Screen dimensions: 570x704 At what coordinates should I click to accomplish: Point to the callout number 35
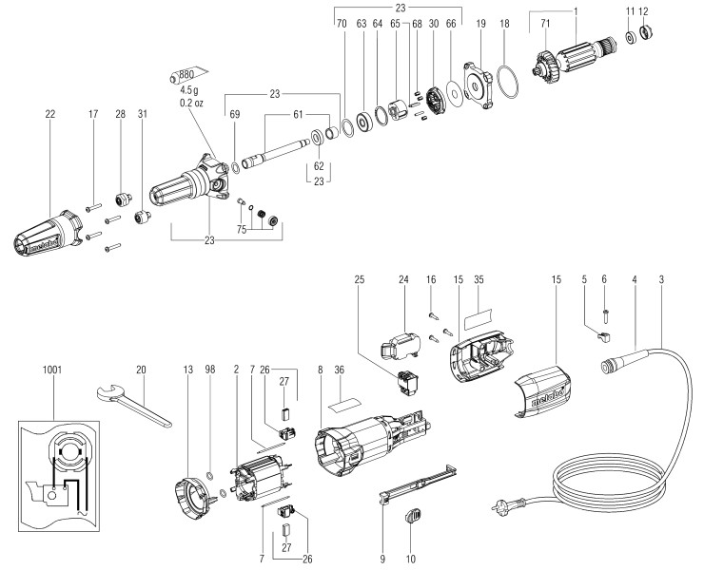(x=479, y=280)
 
